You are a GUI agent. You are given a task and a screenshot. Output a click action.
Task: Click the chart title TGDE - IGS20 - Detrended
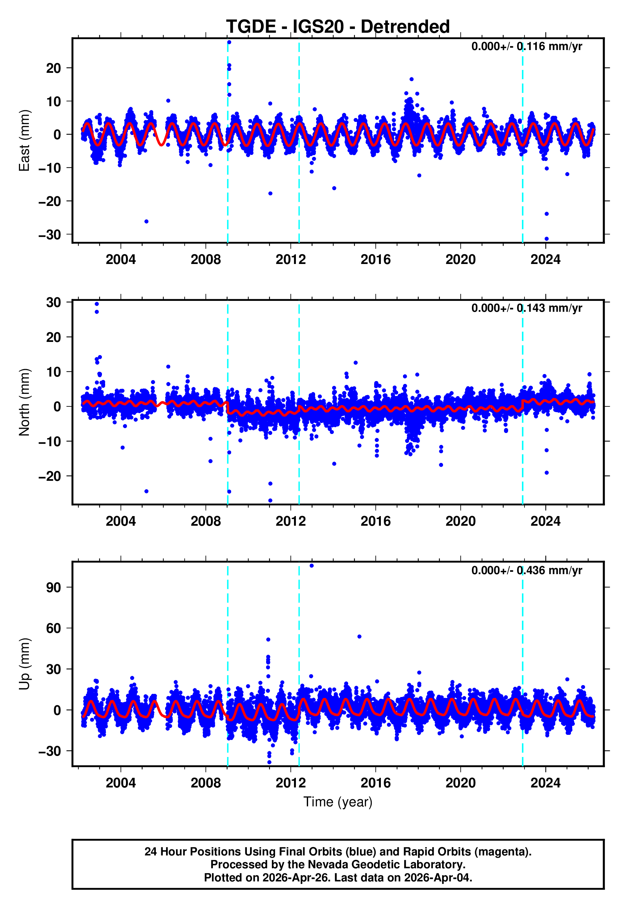(x=338, y=27)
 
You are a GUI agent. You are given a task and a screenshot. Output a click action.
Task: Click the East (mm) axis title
(x=24, y=140)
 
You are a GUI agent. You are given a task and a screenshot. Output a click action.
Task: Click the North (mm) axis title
(x=24, y=402)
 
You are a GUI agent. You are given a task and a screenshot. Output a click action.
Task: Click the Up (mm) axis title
(x=24, y=664)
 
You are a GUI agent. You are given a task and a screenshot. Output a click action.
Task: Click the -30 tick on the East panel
(x=50, y=235)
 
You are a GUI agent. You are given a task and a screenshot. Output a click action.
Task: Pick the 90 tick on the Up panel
(x=54, y=588)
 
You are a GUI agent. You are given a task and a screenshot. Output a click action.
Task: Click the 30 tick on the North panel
(x=54, y=303)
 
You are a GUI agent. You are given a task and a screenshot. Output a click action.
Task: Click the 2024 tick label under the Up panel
(x=545, y=783)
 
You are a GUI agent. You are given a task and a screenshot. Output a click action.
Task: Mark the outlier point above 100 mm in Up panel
(x=311, y=566)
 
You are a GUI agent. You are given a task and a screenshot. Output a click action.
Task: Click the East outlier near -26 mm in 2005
(x=146, y=222)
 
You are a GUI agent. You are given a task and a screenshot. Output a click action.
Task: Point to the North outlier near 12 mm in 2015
(x=356, y=363)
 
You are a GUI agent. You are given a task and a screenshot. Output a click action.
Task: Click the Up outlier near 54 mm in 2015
(x=359, y=637)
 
